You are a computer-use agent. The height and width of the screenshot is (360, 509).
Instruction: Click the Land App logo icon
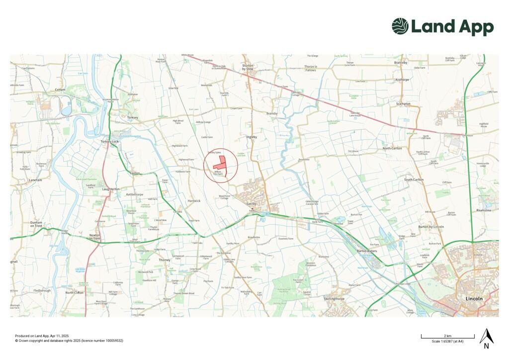tap(400, 26)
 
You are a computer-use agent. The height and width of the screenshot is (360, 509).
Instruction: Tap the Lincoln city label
tap(474, 298)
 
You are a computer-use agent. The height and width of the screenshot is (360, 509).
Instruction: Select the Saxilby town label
tap(251, 204)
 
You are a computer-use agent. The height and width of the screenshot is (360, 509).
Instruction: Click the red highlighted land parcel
tap(220, 164)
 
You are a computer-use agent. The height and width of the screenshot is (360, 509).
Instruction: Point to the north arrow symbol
tap(486, 338)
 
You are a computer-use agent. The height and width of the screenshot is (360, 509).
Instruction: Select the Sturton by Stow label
tap(248, 67)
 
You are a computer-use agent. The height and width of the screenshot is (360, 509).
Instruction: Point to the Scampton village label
tap(403, 104)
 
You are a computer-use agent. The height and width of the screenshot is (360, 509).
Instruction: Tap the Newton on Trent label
tap(94, 237)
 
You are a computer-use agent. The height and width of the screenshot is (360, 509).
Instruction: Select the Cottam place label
tap(60, 90)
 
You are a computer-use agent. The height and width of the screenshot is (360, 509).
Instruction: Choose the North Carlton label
tap(393, 149)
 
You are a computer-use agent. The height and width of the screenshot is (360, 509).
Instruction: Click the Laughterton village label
tap(111, 189)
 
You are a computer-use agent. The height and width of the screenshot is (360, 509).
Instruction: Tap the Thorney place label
tap(165, 260)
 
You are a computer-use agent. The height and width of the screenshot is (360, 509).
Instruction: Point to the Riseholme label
tap(484, 210)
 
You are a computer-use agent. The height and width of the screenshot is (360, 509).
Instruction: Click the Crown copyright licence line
tap(69, 341)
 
